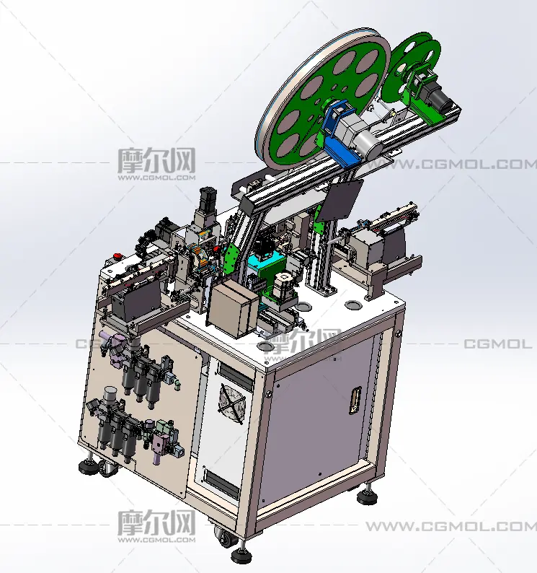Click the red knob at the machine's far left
[x=118, y=255]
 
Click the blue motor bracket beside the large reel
[x=340, y=134]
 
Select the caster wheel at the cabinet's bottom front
[x=223, y=537]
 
